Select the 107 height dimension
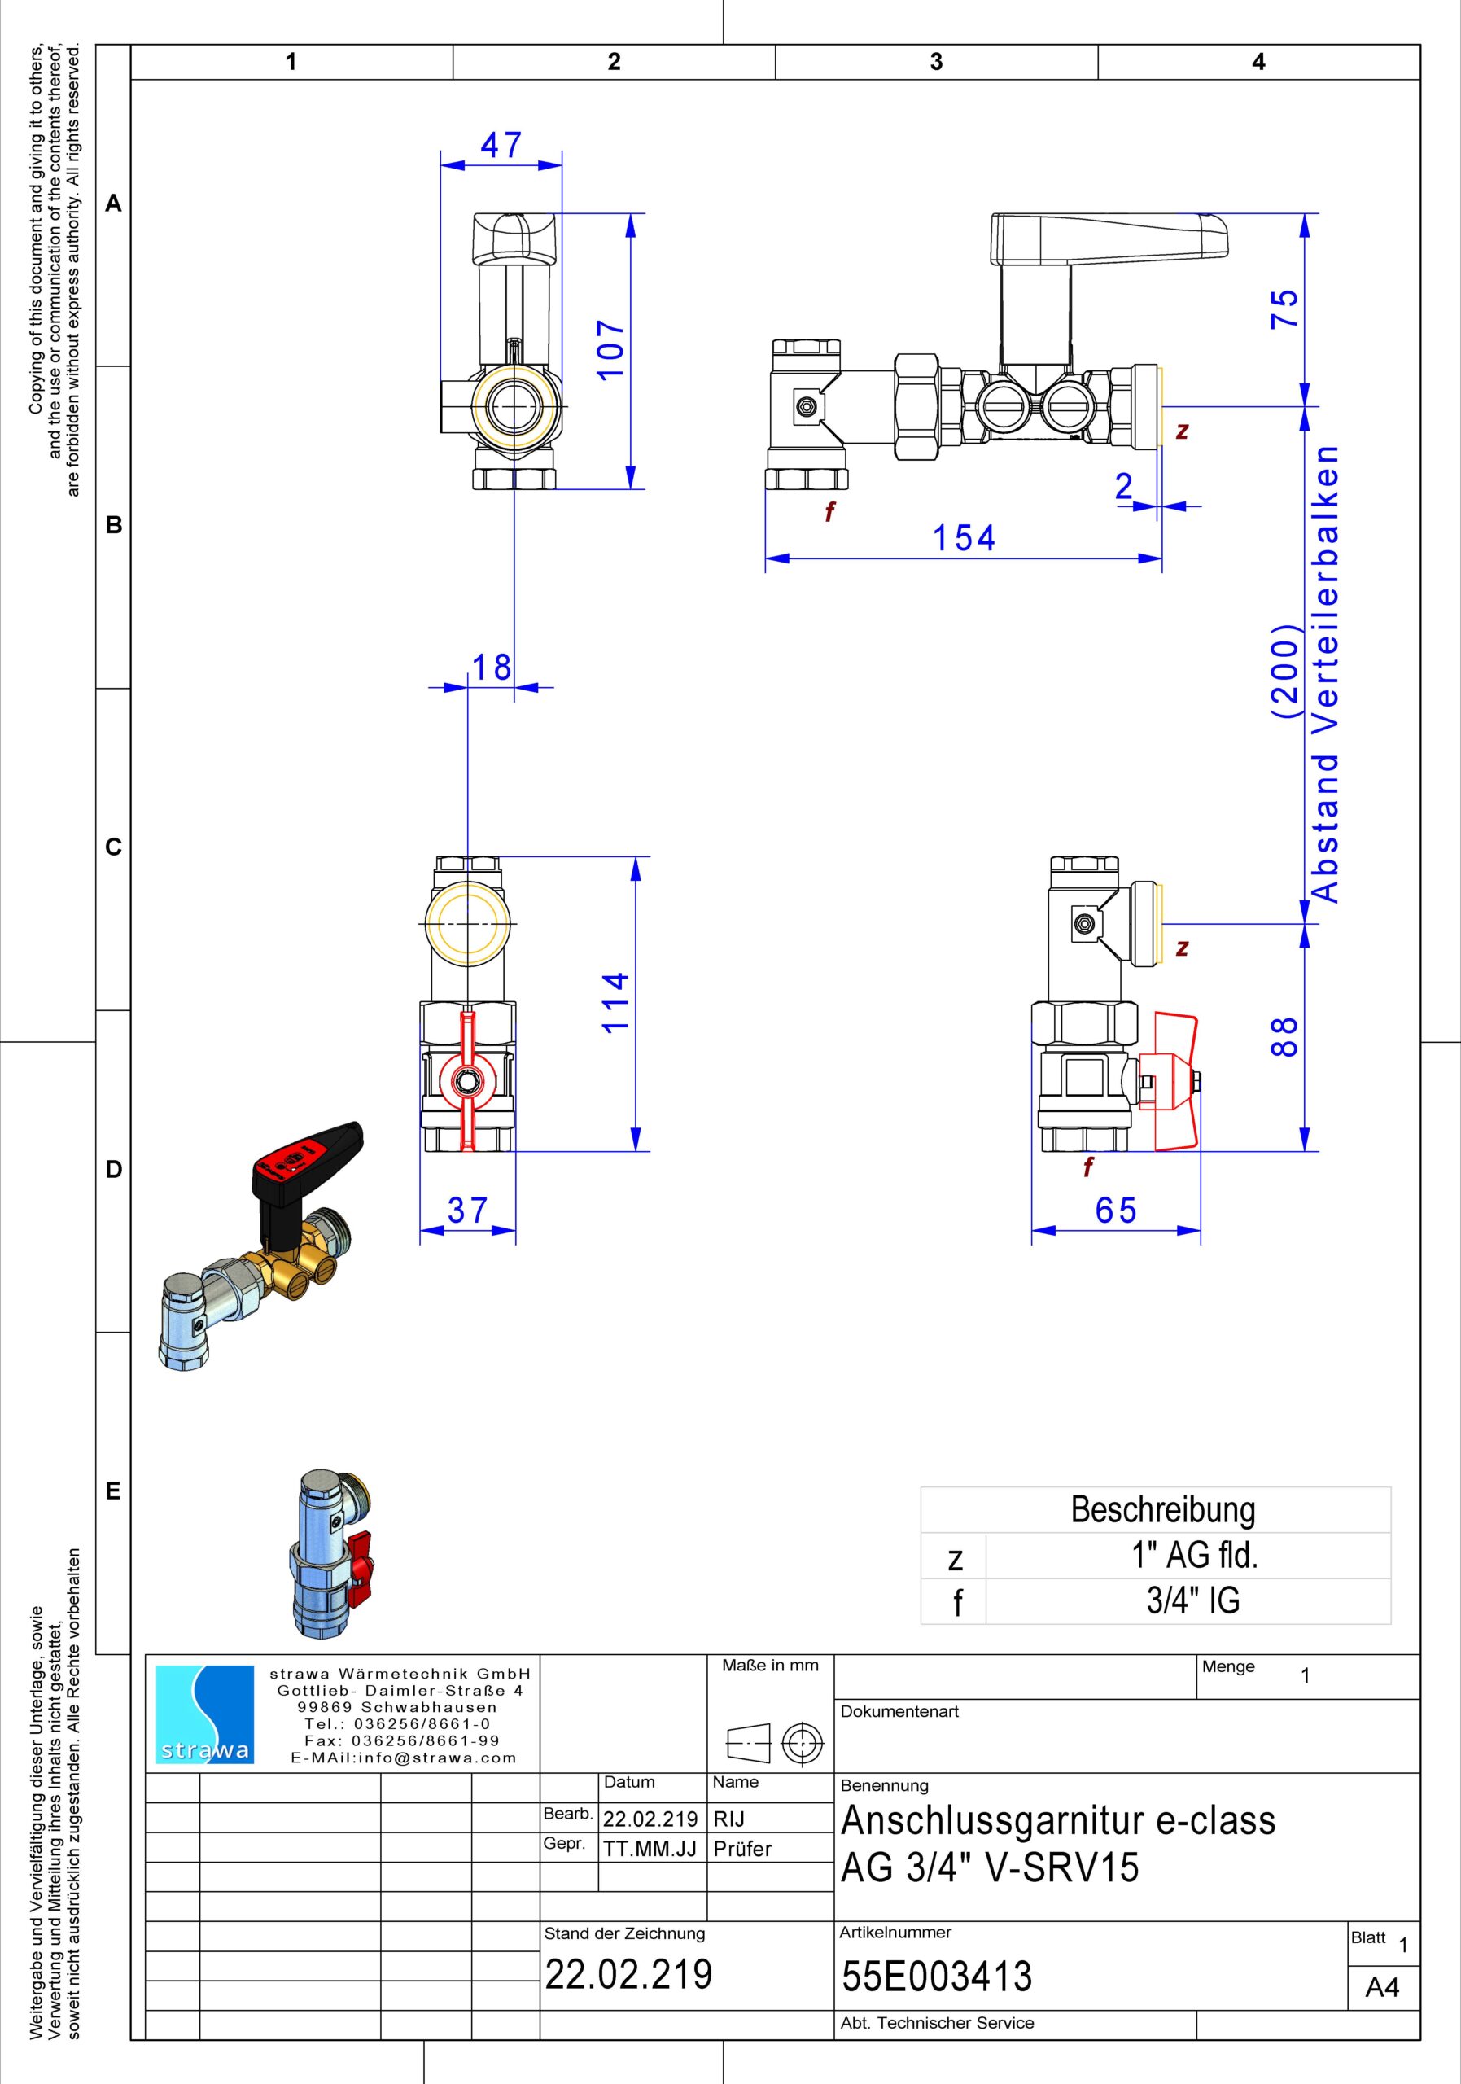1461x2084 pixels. tap(610, 350)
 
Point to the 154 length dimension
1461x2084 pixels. tap(964, 538)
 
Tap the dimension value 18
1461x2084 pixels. tap(491, 668)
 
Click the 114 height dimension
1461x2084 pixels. tap(615, 1002)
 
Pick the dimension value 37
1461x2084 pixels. tap(467, 1210)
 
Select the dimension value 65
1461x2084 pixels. tap(1115, 1210)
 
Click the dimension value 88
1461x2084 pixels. tap(1284, 1035)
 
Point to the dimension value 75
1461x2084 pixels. tap(1284, 309)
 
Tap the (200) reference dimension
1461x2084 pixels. tap(1286, 672)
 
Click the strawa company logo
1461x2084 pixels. tap(205, 1714)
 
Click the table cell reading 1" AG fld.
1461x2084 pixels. tap(1193, 1556)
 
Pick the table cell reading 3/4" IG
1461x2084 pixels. tap(1193, 1600)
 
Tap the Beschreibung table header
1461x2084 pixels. tap(1162, 1509)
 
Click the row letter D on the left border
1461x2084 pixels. tap(113, 1169)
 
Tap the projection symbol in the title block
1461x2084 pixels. tap(774, 1743)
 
